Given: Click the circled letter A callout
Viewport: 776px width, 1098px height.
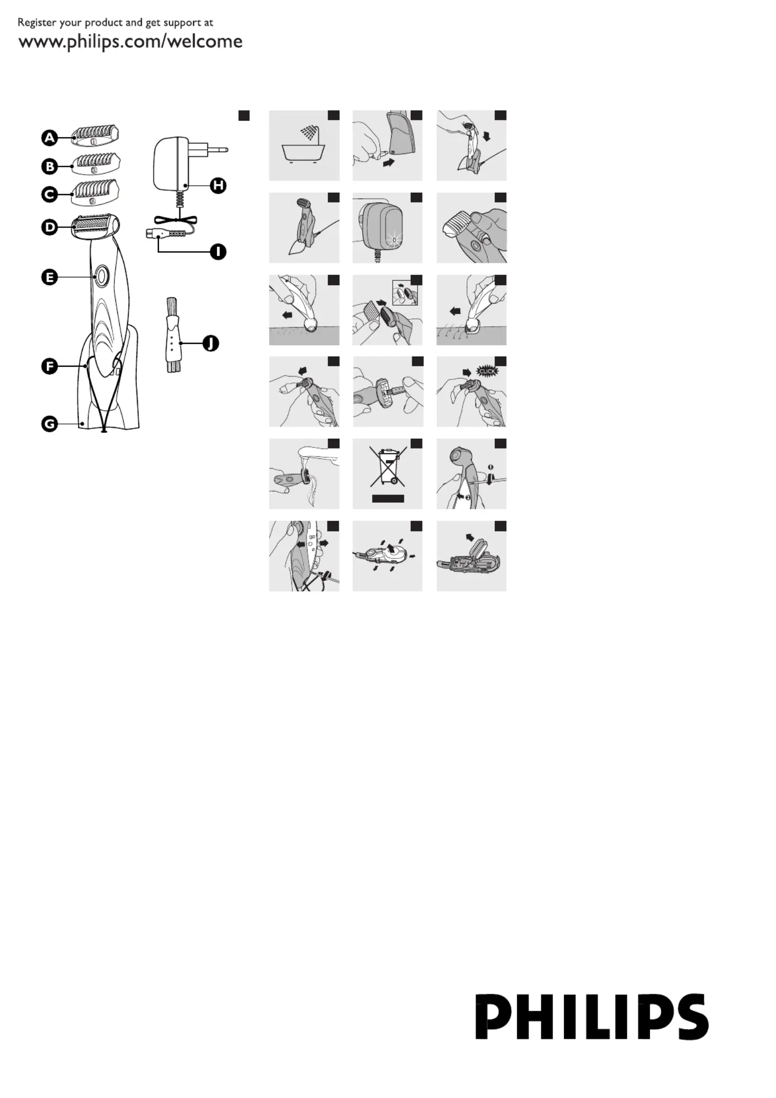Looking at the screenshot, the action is (49, 138).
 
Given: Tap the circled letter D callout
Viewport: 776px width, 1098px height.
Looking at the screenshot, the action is (49, 227).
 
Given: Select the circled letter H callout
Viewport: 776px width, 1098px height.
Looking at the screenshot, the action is (218, 185).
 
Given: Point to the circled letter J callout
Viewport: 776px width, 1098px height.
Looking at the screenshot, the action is (211, 344).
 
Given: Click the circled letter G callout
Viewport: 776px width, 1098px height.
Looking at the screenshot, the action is (49, 424).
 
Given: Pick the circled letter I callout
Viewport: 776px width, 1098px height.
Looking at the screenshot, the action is (218, 252).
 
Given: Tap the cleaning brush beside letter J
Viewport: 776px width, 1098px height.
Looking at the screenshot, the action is (173, 335).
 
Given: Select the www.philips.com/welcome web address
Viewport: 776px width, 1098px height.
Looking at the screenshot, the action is (131, 42).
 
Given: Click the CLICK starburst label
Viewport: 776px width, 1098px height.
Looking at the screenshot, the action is (488, 371).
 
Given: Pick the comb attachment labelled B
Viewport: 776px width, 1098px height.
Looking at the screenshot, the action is (95, 163).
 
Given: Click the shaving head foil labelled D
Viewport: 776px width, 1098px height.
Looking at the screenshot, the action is (95, 226).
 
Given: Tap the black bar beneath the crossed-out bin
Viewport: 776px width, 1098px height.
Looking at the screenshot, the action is (388, 498).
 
